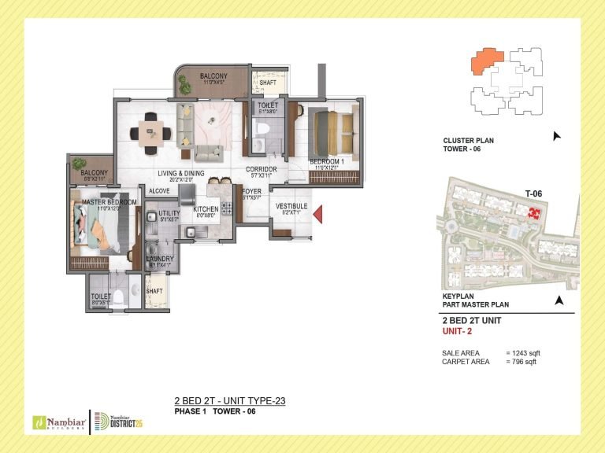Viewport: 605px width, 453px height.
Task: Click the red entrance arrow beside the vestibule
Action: (x=319, y=212)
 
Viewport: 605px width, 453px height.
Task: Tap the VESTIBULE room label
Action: (x=290, y=207)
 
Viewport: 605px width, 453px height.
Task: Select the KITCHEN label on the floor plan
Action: (x=206, y=209)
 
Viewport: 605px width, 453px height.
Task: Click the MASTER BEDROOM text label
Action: (x=109, y=202)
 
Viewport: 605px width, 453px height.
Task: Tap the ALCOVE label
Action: (x=159, y=191)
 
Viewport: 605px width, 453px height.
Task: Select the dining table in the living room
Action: (x=150, y=127)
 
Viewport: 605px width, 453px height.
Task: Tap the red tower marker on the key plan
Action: (x=535, y=213)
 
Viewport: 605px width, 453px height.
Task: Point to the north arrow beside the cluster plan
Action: (x=558, y=136)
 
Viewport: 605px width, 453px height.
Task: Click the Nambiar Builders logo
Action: (x=57, y=422)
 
